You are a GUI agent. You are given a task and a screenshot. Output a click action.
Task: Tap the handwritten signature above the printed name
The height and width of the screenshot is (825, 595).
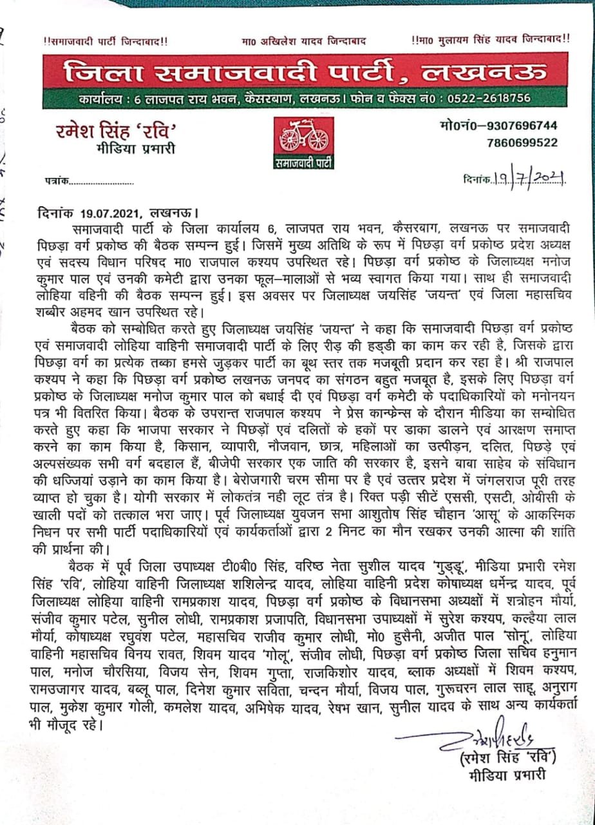pyautogui.click(x=475, y=741)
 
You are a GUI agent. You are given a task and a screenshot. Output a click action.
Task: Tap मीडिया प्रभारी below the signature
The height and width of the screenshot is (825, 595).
pyautogui.click(x=507, y=773)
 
